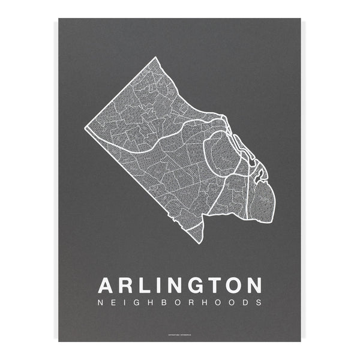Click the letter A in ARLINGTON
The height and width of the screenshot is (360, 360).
[x=105, y=284]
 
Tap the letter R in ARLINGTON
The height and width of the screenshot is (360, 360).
[x=127, y=284]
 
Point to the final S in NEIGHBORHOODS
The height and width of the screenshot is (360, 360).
[x=259, y=302]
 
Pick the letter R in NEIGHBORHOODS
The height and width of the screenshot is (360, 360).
[x=194, y=302]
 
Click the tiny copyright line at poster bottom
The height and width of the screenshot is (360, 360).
[x=179, y=334]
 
